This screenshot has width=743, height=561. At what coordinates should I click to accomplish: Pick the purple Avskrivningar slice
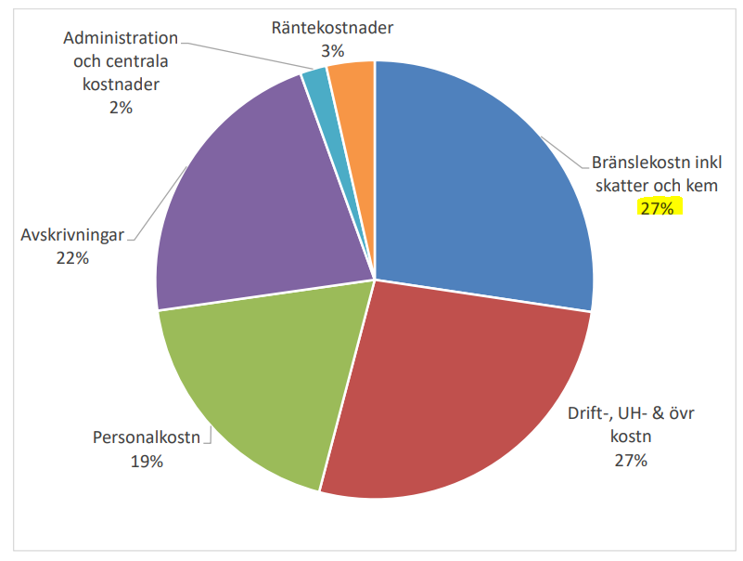250,214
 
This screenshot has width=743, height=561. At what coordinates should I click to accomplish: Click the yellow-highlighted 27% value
660,207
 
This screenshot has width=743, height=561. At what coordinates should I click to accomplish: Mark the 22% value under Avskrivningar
72,258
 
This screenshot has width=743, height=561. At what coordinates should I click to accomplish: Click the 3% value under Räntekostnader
332,50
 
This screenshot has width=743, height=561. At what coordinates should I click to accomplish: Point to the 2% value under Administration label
121,108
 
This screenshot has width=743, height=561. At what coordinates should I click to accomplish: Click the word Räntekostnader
332,28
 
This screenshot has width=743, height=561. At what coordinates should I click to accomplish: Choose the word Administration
121,39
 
